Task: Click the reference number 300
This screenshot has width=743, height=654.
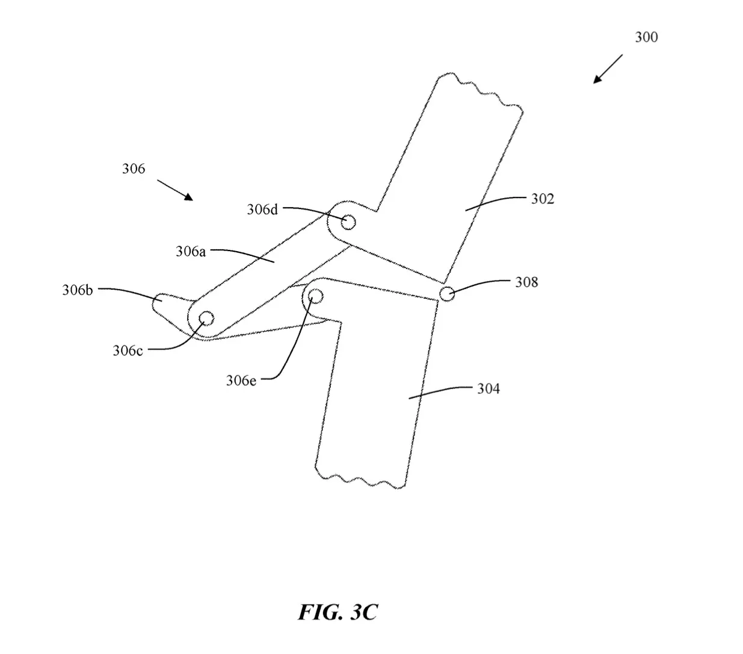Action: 646,37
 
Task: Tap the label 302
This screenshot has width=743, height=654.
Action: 543,199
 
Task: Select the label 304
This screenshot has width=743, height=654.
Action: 488,388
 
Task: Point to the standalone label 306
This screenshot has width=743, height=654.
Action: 134,169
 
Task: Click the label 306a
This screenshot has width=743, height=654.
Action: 191,252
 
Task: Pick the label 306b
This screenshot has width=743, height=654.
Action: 78,290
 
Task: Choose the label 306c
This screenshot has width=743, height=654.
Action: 128,350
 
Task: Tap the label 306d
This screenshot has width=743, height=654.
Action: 262,210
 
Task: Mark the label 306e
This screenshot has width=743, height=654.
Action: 241,381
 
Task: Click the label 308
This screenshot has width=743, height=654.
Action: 526,282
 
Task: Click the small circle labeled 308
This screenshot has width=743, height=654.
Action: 446,294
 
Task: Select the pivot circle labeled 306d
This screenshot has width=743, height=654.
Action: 348,222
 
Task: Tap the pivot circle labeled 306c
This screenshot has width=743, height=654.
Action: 206,319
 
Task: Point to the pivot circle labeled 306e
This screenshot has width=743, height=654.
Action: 315,296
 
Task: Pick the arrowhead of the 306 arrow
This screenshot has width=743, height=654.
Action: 189,197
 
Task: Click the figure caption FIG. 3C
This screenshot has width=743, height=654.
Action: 338,612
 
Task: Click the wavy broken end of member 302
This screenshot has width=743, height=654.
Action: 480,91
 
